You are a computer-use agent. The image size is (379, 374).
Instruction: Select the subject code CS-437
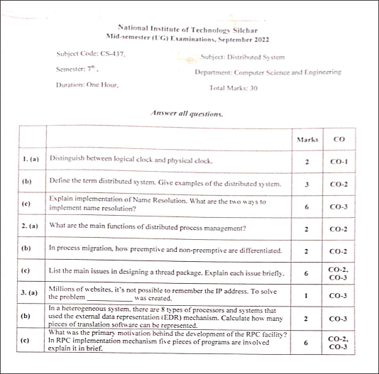coord(111,54)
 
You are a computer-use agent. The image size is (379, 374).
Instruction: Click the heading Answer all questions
coord(187,113)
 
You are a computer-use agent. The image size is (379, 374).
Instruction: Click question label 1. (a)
coord(29,161)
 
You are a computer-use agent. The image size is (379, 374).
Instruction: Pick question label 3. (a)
coord(29,292)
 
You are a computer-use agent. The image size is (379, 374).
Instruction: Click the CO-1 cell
coord(339,162)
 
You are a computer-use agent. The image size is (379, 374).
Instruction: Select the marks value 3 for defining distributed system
coord(307,184)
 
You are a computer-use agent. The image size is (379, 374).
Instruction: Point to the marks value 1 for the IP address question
coord(307,295)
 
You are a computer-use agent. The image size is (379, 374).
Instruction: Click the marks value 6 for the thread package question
coord(307,272)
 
